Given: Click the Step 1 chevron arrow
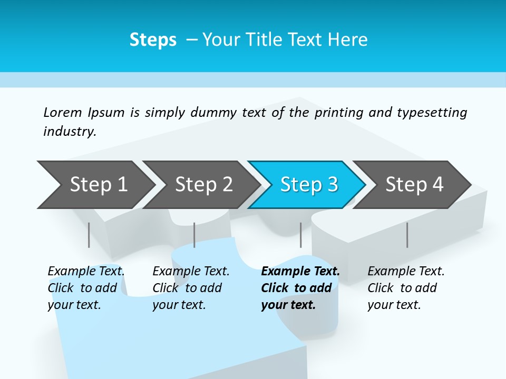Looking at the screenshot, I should coord(95,185).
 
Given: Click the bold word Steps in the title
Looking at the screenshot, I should coord(153,40).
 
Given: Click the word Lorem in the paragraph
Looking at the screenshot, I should coord(63,113).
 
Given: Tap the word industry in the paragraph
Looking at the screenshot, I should coord(70,131).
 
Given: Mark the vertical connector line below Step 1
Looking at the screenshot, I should coord(89,235).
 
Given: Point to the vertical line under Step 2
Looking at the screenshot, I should coord(194,235).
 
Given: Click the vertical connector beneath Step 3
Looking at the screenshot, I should coord(300,235).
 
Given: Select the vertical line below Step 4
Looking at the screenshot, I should coord(407,235).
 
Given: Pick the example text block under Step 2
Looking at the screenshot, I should coord(191,288).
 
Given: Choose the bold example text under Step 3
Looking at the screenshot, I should coord(300,288).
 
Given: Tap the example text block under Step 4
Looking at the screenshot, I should coord(406,288).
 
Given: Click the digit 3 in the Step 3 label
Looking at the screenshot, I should coord(332,185).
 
